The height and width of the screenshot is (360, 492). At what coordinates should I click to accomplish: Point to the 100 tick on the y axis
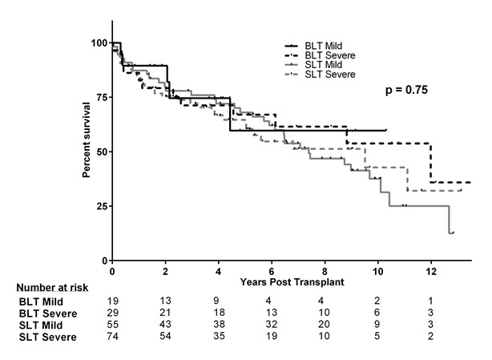point(99,42)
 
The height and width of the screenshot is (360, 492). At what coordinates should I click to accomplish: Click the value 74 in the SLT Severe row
point(113,337)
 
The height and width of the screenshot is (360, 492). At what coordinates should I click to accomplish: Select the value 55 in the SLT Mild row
point(113,325)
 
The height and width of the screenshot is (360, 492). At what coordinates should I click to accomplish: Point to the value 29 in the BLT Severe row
point(113,313)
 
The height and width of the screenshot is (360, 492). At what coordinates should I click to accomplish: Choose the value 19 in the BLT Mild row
point(113,301)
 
